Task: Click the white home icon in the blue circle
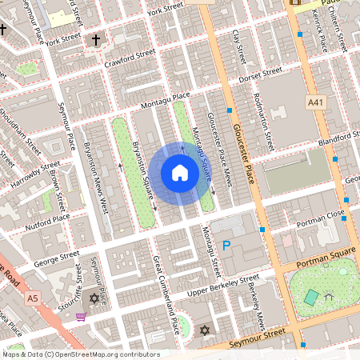180,173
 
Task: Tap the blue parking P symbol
226,246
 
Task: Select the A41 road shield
317,102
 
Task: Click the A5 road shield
32,298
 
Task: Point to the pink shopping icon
81,317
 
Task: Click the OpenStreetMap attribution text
80,354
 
